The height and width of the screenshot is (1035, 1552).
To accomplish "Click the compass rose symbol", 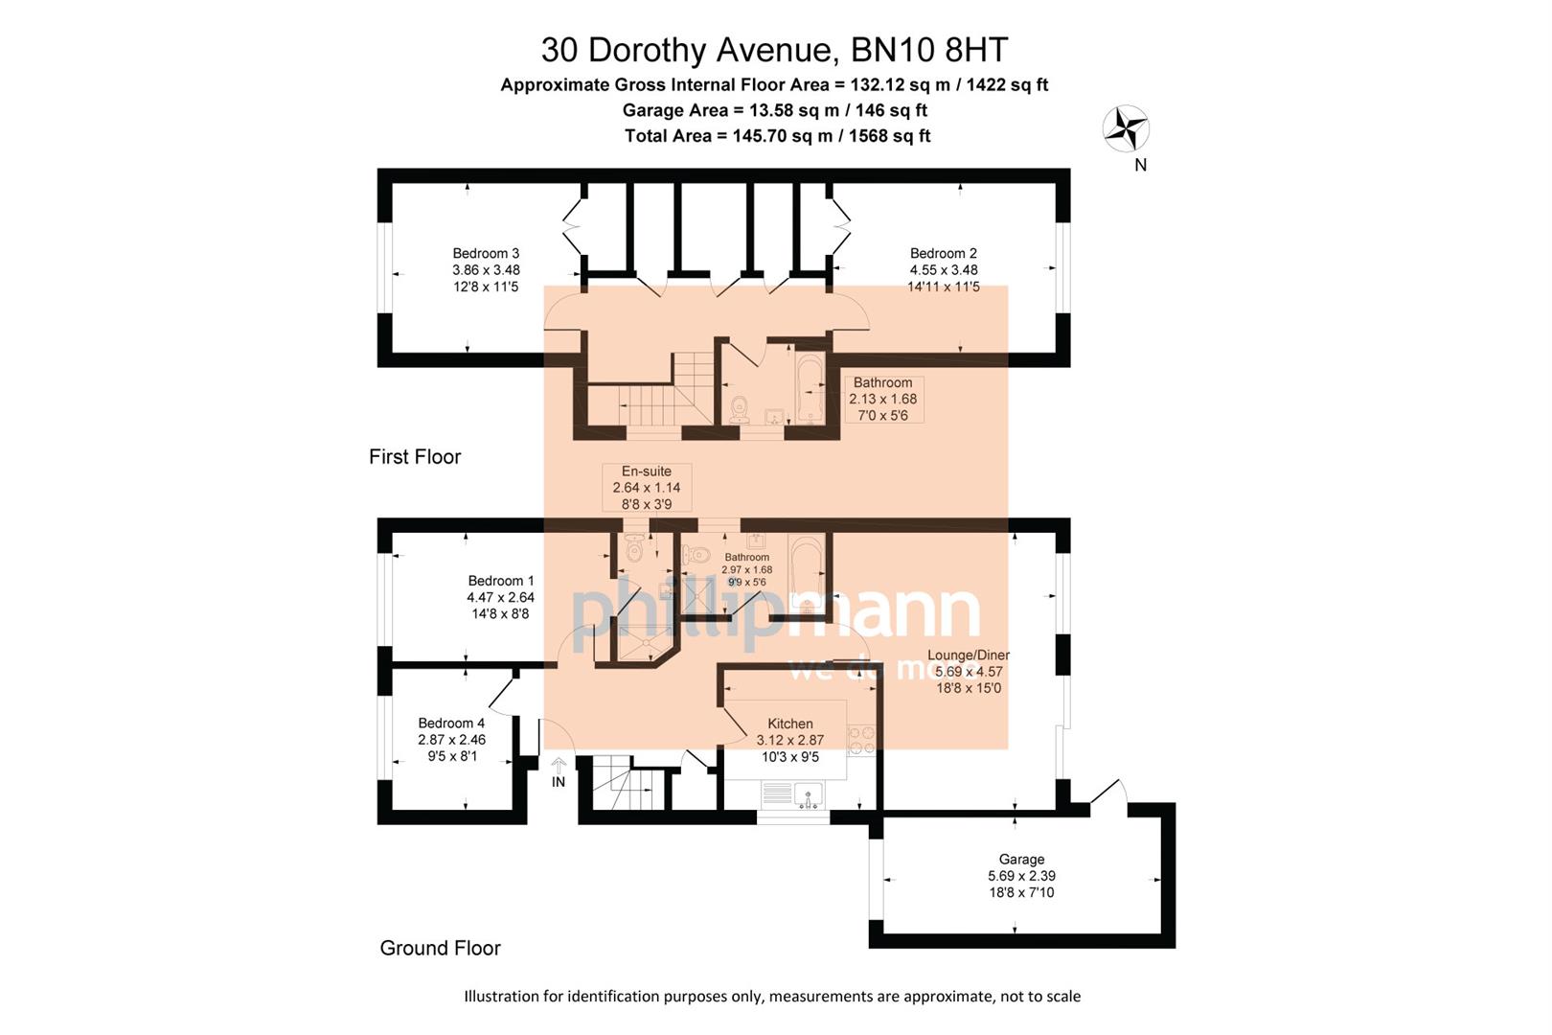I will [1126, 128].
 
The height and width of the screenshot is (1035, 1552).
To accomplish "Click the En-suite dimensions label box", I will [647, 488].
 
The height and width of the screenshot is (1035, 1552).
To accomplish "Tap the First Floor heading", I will [415, 457].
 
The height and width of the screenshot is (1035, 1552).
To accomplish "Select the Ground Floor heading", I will [440, 949].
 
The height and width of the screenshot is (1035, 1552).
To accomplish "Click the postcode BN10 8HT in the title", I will [928, 50].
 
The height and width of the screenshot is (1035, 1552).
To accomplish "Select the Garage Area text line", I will [774, 110].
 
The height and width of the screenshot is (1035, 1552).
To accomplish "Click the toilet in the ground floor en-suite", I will [633, 549].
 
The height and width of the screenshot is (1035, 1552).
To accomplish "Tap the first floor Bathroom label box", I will [882, 399].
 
